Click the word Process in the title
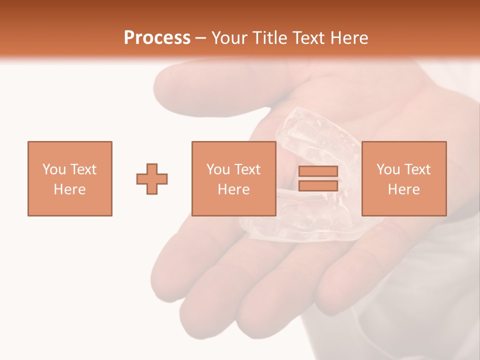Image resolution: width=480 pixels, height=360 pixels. pyautogui.click(x=157, y=38)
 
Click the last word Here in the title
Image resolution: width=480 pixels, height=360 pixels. pyautogui.click(x=348, y=38)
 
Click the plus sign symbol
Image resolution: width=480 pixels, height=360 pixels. pyautogui.click(x=152, y=179)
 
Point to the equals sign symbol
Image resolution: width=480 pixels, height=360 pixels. pyautogui.click(x=318, y=179)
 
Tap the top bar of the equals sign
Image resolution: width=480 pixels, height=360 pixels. pyautogui.click(x=318, y=171)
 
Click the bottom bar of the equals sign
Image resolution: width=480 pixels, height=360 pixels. pyautogui.click(x=318, y=186)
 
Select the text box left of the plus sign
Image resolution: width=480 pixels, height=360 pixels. pyautogui.click(x=69, y=179)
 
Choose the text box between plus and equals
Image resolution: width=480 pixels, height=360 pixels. pyautogui.click(x=233, y=179)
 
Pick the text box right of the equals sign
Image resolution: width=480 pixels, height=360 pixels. pyautogui.click(x=403, y=179)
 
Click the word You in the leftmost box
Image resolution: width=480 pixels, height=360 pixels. pyautogui.click(x=53, y=169)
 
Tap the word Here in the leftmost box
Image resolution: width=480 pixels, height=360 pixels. pyautogui.click(x=69, y=189)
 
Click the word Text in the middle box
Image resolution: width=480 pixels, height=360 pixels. pyautogui.click(x=247, y=169)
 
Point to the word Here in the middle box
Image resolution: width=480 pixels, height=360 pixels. pyautogui.click(x=233, y=189)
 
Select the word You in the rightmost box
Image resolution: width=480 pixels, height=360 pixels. pyautogui.click(x=387, y=169)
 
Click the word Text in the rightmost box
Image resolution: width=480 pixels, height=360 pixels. pyautogui.click(x=417, y=169)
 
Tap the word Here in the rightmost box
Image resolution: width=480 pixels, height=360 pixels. pyautogui.click(x=403, y=189)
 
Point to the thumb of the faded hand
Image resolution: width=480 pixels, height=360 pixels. pyautogui.click(x=200, y=85)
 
